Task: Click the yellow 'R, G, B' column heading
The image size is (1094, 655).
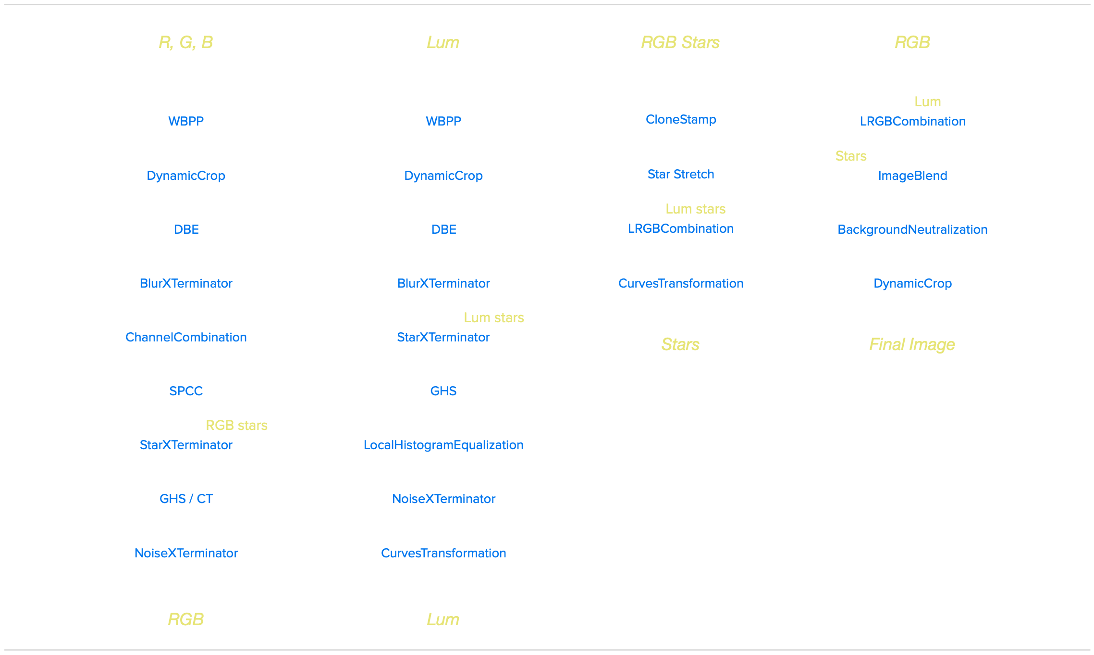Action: (185, 42)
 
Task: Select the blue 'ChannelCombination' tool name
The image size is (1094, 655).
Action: (186, 337)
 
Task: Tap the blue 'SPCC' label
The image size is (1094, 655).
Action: (186, 391)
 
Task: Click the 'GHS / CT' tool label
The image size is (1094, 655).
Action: (186, 499)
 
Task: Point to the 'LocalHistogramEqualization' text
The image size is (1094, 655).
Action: (443, 445)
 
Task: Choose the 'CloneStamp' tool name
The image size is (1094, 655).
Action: (681, 119)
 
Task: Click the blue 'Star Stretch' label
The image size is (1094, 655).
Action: (681, 174)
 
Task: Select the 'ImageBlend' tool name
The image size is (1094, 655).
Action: (912, 176)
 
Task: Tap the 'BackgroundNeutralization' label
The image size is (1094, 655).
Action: (912, 229)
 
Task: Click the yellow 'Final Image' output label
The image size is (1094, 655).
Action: (912, 344)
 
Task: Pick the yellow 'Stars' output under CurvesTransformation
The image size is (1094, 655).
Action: (680, 344)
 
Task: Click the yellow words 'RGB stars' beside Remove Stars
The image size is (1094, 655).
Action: (236, 425)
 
